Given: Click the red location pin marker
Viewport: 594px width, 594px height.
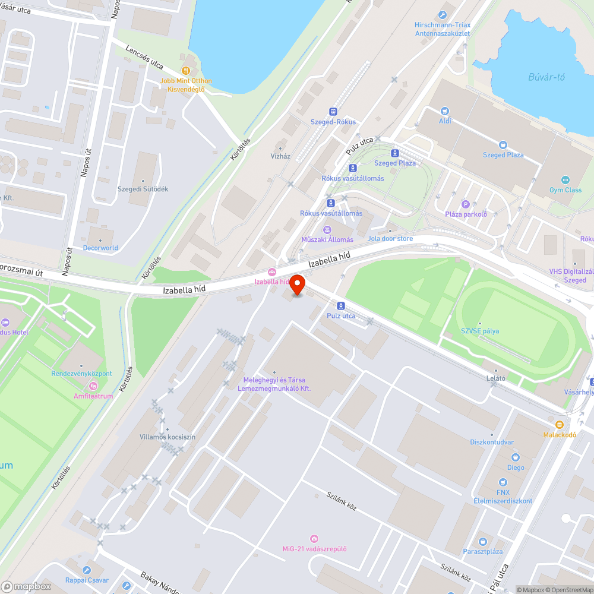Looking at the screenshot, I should (x=296, y=285).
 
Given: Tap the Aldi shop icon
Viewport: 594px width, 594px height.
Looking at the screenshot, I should (x=445, y=111).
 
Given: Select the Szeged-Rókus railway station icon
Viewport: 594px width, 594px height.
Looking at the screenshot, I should (x=333, y=112).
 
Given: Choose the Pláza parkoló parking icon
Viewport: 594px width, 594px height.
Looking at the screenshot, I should (x=466, y=204).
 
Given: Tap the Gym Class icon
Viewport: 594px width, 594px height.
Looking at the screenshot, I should (x=565, y=180).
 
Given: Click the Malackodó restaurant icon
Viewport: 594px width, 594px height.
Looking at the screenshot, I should (x=559, y=424).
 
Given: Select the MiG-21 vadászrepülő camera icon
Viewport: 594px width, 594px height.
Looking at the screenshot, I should (x=314, y=538).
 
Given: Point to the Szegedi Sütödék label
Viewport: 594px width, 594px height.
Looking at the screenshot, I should (x=143, y=189).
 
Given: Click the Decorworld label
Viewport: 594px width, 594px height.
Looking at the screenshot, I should (x=100, y=248).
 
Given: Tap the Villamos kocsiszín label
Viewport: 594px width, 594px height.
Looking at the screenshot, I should (x=168, y=437).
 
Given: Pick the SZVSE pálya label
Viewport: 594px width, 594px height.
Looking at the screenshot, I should (x=480, y=331).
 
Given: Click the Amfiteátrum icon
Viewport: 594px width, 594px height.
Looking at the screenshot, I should (x=93, y=386).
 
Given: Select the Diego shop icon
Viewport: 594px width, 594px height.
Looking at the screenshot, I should (x=516, y=457).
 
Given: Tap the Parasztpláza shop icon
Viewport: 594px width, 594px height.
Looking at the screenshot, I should (x=482, y=541).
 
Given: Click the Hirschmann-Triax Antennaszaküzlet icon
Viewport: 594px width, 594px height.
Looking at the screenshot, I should (x=443, y=15).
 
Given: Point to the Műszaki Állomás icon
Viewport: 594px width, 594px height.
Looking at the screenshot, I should (x=327, y=229).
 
